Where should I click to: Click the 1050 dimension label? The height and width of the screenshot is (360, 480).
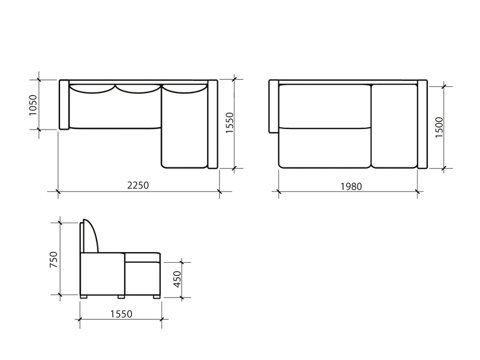33,105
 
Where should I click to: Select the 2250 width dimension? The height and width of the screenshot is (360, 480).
138,185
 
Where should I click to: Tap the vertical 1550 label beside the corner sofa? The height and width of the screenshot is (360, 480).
229,122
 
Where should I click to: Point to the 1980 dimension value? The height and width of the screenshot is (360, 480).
351,186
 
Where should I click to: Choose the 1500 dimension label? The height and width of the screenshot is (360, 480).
439,127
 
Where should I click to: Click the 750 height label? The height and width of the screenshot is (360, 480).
53,260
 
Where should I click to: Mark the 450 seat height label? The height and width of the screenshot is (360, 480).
178,279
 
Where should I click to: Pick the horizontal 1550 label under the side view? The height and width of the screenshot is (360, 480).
121,314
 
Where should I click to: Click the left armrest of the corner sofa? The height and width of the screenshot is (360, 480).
64,104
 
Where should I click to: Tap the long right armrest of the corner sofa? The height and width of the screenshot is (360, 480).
212,124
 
